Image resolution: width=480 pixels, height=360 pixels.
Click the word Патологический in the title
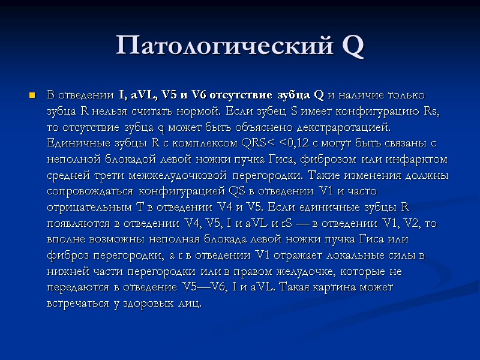click(x=221, y=46)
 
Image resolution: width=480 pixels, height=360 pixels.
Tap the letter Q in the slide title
click(x=352, y=46)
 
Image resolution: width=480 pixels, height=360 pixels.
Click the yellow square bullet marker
click(x=32, y=96)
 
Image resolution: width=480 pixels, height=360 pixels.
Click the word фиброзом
click(x=328, y=158)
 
